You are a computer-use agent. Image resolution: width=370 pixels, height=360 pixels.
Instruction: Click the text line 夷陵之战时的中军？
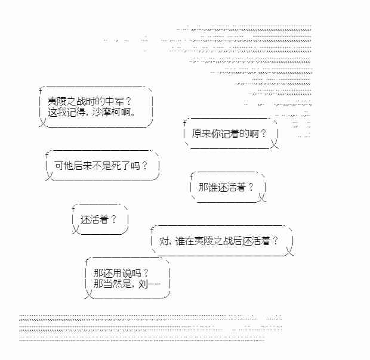pyautogui.click(x=90, y=102)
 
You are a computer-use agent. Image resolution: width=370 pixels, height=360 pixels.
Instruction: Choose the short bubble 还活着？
pyautogui.click(x=98, y=219)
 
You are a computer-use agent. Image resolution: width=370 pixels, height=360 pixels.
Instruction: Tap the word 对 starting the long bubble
pyautogui.click(x=165, y=241)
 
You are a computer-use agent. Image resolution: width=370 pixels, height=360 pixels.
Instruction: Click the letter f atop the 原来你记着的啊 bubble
pyautogui.click(x=186, y=122)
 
